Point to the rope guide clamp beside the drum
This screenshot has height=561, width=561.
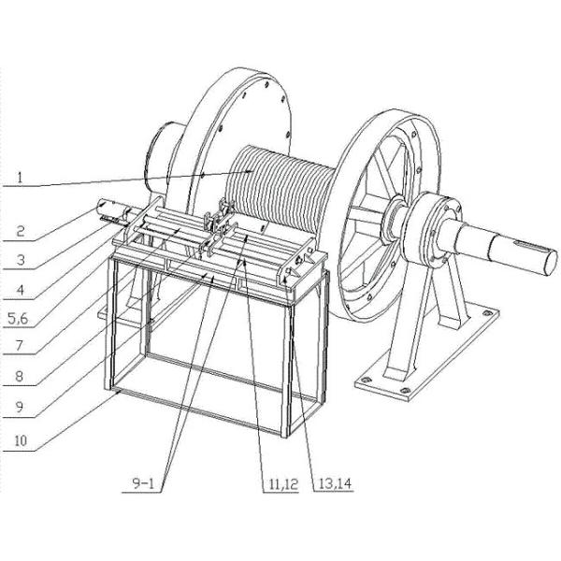tap(217, 223)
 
